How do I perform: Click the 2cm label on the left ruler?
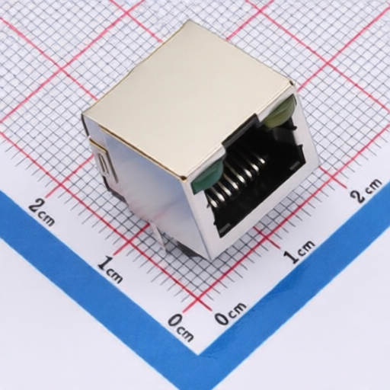click(x=42, y=212)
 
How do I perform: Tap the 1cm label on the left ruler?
click(x=110, y=270)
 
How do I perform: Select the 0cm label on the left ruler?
click(x=181, y=327)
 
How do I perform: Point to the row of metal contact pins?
click(x=236, y=175)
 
